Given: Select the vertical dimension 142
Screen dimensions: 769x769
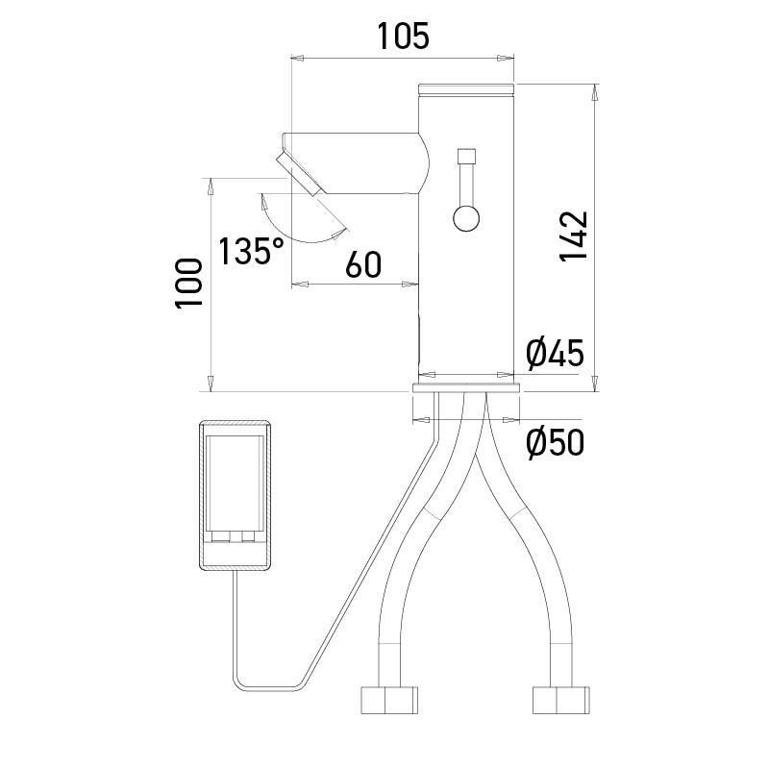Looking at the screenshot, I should click(574, 236).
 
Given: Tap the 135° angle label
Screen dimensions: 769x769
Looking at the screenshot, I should click(251, 252).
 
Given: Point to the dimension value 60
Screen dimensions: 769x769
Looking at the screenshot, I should click(363, 263).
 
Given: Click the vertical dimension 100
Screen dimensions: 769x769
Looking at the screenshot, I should click(188, 283).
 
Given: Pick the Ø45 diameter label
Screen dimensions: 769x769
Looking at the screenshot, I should click(555, 354).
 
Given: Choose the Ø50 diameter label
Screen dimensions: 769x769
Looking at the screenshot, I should click(555, 443).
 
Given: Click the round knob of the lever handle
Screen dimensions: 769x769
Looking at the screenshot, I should click(466, 218).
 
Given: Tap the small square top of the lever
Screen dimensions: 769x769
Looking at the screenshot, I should click(468, 156).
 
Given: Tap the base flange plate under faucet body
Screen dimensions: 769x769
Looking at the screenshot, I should click(466, 387).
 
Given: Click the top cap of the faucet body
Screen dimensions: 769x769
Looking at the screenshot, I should click(467, 89).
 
